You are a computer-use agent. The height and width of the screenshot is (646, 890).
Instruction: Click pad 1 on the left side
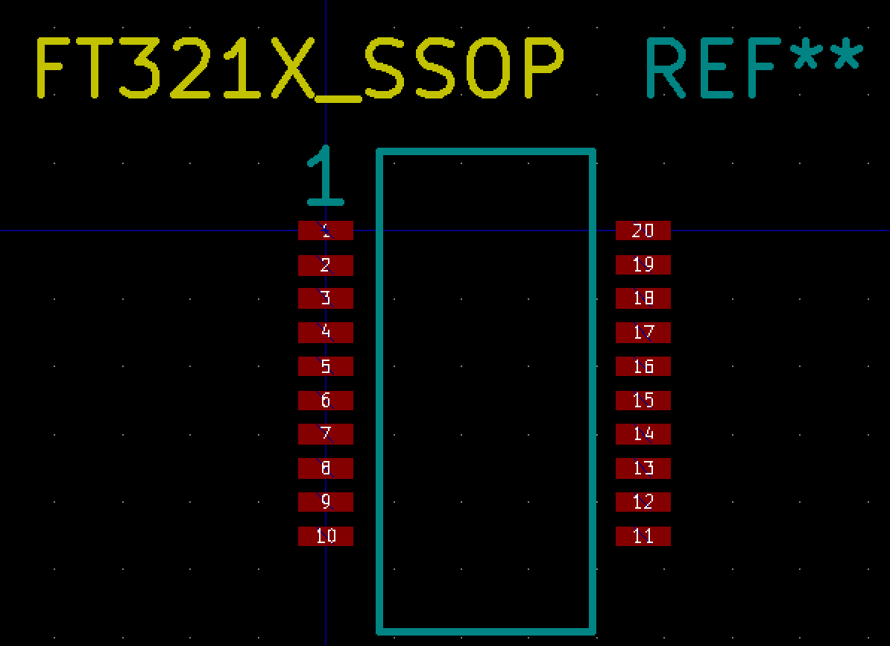(326, 231)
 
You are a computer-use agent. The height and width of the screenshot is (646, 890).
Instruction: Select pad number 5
(326, 366)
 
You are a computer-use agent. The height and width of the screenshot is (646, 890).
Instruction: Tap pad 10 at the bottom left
(326, 536)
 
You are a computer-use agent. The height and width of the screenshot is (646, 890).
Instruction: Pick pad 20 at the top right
(643, 231)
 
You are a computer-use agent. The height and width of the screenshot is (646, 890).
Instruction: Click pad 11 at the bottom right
(643, 536)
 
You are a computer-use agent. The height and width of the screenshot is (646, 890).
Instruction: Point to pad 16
(643, 366)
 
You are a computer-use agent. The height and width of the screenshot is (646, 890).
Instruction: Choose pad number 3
(326, 298)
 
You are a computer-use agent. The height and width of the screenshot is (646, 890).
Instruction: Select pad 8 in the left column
(326, 468)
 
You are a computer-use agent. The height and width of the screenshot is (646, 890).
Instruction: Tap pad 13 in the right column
(643, 468)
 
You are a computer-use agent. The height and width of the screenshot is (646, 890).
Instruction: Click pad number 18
(643, 298)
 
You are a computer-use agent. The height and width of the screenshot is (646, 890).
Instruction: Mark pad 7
(326, 433)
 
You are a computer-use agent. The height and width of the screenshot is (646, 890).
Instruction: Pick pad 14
(643, 433)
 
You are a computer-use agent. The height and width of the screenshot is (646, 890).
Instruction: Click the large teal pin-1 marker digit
(325, 176)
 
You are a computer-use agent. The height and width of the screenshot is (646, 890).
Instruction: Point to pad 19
(643, 264)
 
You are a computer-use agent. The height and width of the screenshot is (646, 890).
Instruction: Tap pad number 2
(326, 265)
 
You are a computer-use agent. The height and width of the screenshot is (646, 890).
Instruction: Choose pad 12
(643, 501)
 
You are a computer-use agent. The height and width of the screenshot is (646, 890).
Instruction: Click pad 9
(326, 501)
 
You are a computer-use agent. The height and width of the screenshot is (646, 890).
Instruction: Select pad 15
(643, 400)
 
